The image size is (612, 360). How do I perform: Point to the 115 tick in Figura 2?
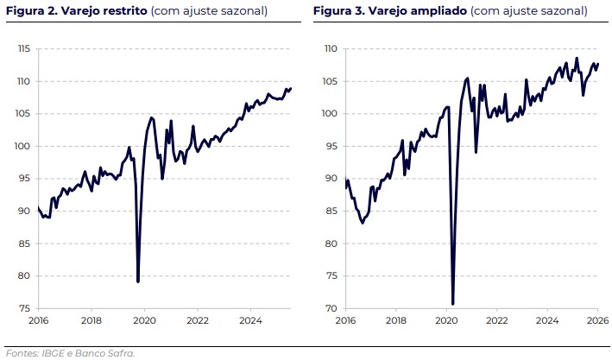coord(24,49)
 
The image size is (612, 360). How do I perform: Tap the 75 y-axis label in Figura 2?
coord(25,308)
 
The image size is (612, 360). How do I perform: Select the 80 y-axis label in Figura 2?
coord(25,276)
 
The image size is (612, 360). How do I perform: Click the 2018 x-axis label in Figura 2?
coord(91,321)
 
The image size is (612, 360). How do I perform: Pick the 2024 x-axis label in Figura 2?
coord(250,321)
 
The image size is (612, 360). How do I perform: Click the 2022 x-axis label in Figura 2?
coord(198,321)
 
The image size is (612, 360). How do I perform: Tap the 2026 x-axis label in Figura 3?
coord(598,321)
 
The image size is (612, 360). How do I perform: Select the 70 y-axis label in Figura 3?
coord(331,308)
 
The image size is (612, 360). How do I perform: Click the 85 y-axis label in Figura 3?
coord(331,211)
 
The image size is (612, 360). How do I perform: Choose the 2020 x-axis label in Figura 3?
coord(445,321)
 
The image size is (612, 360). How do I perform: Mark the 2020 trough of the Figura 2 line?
coord(138,281)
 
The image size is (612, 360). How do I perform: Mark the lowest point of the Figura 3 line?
coord(452,304)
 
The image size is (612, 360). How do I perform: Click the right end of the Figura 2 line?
coord(291,88)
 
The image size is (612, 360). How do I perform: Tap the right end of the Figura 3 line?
coord(597,64)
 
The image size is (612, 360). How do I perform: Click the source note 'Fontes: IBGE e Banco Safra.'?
coord(70,352)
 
